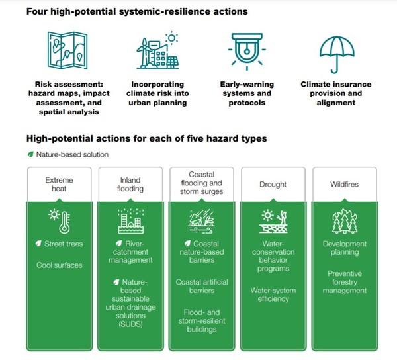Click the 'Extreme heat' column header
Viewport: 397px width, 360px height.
click(58, 183)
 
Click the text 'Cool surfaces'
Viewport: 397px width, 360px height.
click(58, 265)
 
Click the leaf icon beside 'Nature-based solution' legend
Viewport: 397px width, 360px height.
click(30, 154)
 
